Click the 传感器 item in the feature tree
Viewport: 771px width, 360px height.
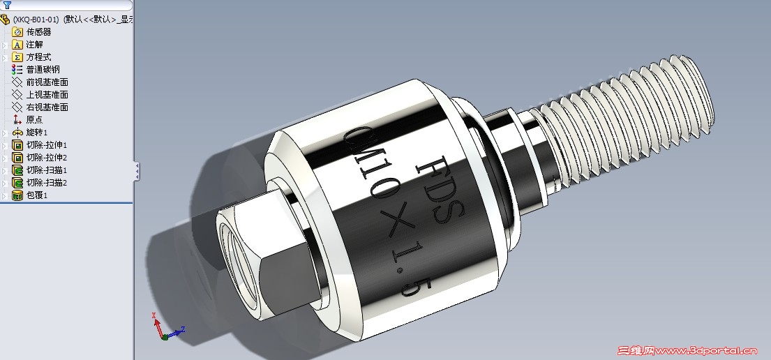38,32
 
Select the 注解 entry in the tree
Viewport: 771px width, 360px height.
34,45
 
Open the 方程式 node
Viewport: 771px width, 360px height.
38,57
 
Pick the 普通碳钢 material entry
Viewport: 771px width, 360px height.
43,70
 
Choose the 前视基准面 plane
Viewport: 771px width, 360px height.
47,82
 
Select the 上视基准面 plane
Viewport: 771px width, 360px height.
47,95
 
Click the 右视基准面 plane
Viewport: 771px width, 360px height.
47,107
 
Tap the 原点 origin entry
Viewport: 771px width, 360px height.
34,120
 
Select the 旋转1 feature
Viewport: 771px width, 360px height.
36,133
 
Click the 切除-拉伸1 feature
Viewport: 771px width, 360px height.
46,145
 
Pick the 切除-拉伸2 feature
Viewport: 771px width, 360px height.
46,158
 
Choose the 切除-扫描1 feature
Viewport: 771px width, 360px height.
46,170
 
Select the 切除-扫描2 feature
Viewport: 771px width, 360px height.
46,183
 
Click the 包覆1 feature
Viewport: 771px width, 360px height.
36,195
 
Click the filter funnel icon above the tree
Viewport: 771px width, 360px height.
7,5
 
